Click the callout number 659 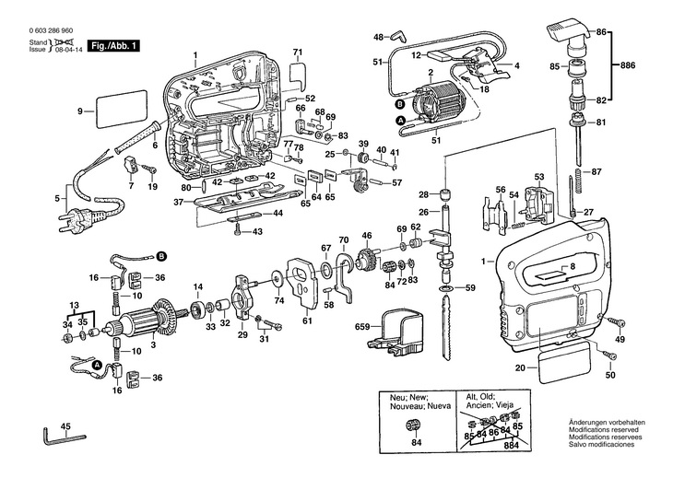coord(361,327)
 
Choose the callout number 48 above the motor coord(378,37)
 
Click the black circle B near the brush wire coord(161,254)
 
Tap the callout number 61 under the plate coord(307,321)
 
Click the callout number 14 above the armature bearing coord(197,288)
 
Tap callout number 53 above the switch coord(539,177)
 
